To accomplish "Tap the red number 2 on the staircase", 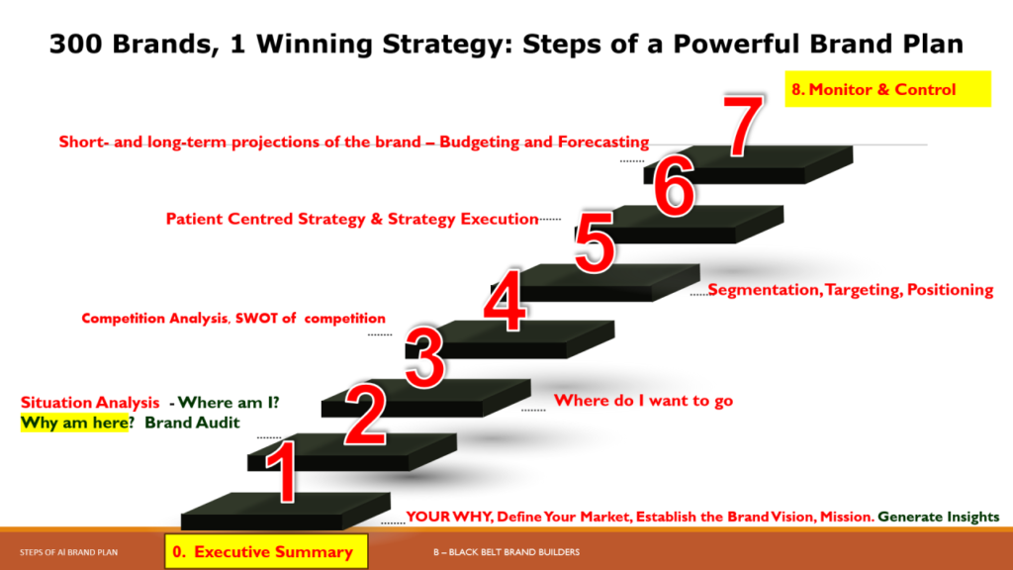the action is click(366, 415).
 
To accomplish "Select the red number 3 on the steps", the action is click(424, 357).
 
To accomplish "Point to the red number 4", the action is click(506, 301).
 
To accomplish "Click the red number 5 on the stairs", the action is click(595, 242).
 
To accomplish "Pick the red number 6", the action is click(674, 186).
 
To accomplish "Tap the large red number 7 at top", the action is click(743, 126).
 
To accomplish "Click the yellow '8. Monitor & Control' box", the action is click(887, 89).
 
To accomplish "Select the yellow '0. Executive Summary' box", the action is click(266, 551).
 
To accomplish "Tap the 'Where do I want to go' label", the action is click(643, 401).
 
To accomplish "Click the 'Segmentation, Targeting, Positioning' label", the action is click(851, 290).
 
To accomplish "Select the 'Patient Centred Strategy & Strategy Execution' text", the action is click(352, 219).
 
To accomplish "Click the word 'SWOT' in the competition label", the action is click(256, 318).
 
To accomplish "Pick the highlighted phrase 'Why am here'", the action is click(74, 423).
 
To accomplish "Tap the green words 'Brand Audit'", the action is click(192, 423).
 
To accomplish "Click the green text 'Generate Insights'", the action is click(938, 517).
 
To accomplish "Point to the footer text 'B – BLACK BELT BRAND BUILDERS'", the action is click(506, 552).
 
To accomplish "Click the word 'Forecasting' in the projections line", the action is click(603, 142).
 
